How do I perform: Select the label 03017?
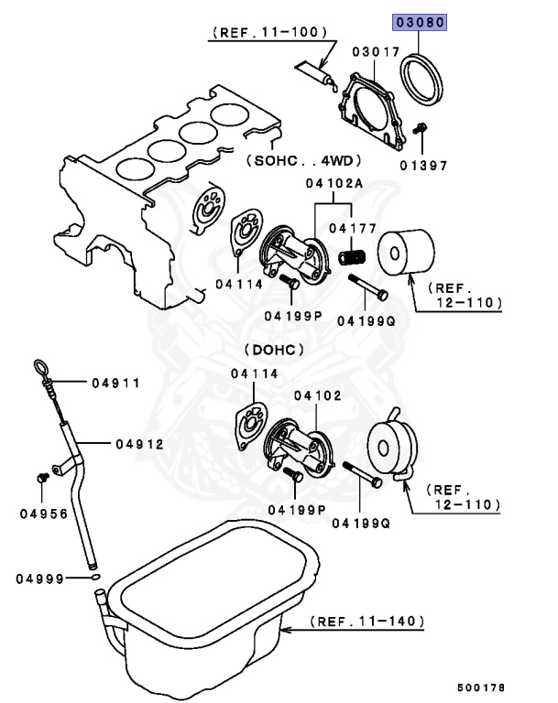point(375,52)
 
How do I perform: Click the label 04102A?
point(334,183)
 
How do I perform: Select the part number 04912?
point(139,444)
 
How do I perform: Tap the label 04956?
point(43,514)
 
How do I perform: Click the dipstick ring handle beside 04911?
point(40,369)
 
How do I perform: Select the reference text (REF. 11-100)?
point(269,32)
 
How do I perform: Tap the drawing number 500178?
point(480,687)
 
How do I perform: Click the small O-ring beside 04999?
point(94,579)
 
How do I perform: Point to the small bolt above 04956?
point(42,478)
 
